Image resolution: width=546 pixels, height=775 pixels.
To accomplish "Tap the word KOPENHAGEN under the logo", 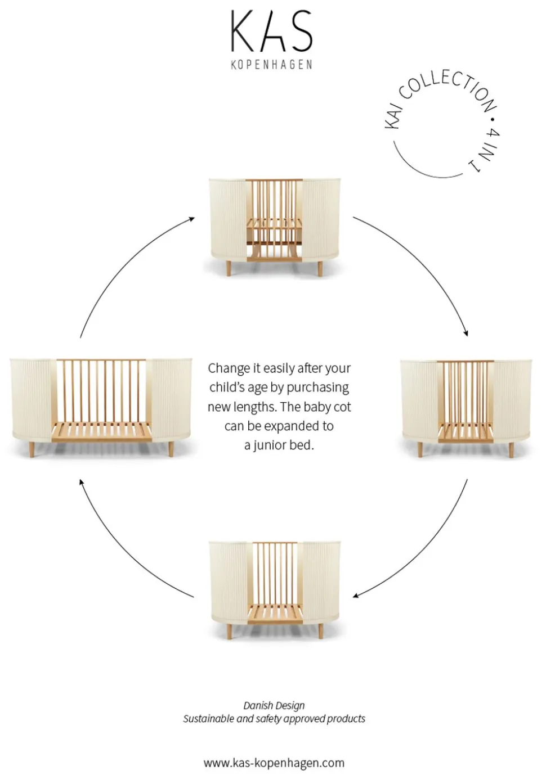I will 271,65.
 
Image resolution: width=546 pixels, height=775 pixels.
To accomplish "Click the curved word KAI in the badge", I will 393,115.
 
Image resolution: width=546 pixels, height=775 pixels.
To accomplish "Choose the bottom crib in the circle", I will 275,587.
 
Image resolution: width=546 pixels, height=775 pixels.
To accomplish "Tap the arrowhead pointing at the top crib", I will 192,219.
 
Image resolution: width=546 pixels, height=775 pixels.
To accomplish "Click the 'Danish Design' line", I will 274,705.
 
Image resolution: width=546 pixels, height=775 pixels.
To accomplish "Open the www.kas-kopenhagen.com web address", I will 274,763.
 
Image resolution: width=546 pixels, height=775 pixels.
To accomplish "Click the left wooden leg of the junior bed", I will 32,449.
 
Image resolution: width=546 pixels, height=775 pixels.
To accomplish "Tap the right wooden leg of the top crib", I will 320,268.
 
